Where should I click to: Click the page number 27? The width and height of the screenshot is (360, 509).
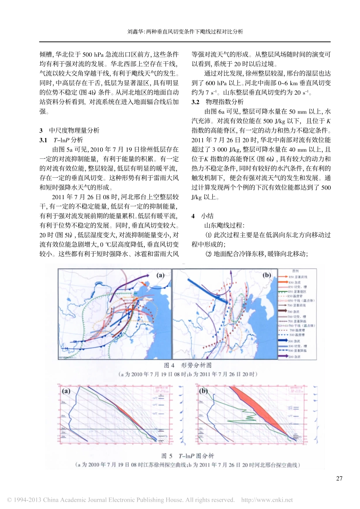click(x=339, y=478)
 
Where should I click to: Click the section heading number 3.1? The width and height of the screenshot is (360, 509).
click(x=43, y=140)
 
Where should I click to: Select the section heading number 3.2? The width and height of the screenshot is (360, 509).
click(x=196, y=102)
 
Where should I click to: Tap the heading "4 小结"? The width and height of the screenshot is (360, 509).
click(x=203, y=216)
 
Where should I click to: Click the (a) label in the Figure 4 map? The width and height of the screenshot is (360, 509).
click(x=161, y=275)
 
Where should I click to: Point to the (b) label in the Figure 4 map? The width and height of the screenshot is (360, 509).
click(x=267, y=275)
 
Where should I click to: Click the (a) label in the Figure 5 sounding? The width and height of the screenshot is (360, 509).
click(x=66, y=391)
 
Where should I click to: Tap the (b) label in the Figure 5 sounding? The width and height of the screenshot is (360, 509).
click(x=203, y=391)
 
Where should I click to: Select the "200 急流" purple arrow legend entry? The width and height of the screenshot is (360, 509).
click(x=294, y=357)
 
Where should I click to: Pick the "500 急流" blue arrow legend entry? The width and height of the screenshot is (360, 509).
click(x=294, y=341)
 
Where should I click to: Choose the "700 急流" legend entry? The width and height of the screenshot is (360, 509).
click(x=293, y=311)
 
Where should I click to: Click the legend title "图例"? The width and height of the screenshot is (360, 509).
click(x=296, y=271)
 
